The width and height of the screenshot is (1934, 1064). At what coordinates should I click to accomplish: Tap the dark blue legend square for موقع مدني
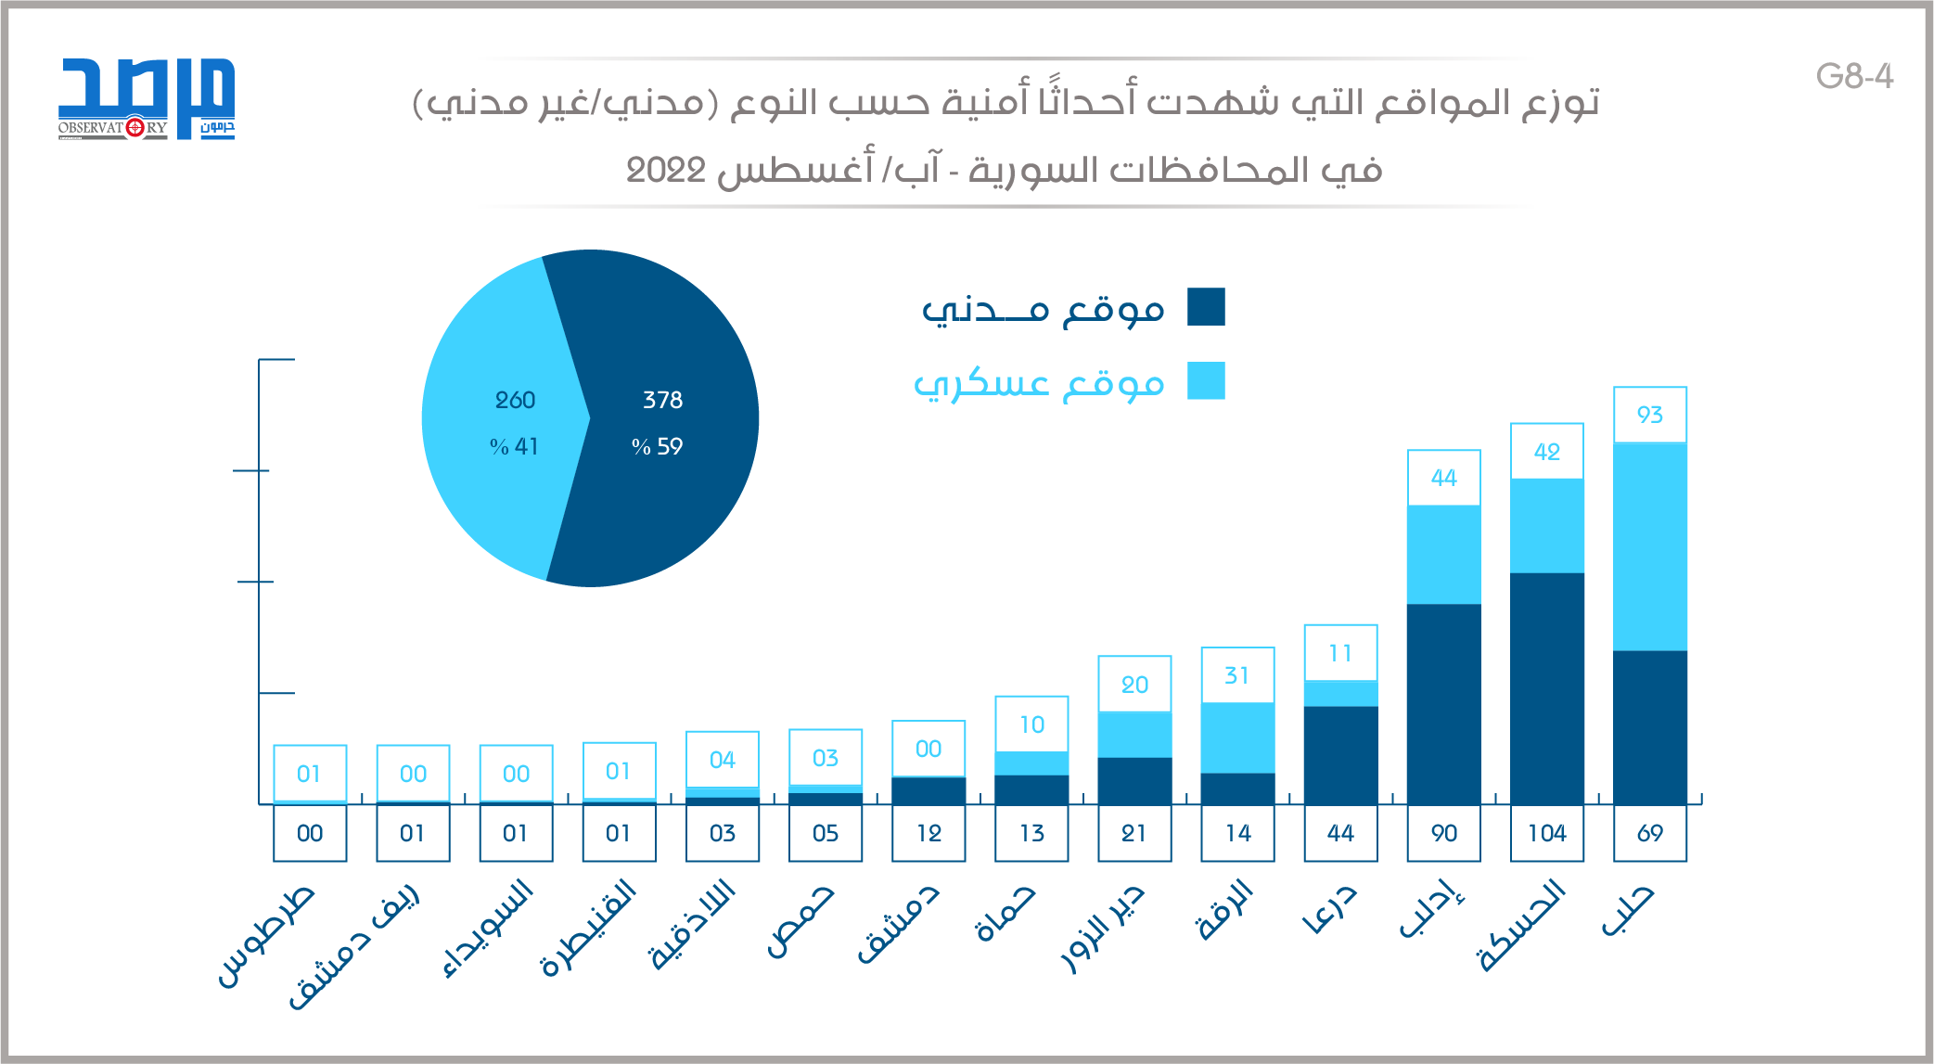1206,307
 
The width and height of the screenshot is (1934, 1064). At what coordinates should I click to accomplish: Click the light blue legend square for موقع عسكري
1206,381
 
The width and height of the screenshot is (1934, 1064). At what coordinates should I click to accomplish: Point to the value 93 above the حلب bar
1649,415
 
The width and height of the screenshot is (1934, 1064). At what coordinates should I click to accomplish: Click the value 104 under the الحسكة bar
1546,833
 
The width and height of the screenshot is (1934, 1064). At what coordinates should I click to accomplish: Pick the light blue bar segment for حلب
1649,547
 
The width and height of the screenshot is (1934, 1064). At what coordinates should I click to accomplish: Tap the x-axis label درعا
1330,909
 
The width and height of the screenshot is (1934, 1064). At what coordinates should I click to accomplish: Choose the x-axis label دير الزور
1104,928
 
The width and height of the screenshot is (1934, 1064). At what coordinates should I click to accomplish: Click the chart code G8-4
1854,76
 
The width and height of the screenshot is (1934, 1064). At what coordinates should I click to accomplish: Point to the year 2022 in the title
666,171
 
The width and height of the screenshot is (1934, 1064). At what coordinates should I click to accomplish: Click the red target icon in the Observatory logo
134,127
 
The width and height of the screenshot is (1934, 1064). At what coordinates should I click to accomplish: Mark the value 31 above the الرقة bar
1236,675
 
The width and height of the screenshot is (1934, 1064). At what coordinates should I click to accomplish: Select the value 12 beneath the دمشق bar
929,833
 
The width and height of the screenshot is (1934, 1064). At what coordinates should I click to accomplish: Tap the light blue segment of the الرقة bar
1237,737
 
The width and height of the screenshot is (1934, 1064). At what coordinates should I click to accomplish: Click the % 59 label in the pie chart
657,446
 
